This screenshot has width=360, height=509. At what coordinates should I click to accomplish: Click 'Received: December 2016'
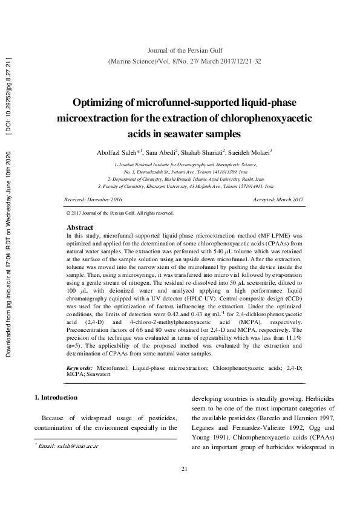coord(93,199)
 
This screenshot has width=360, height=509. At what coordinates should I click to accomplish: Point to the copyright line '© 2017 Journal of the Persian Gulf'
coord(119,213)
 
